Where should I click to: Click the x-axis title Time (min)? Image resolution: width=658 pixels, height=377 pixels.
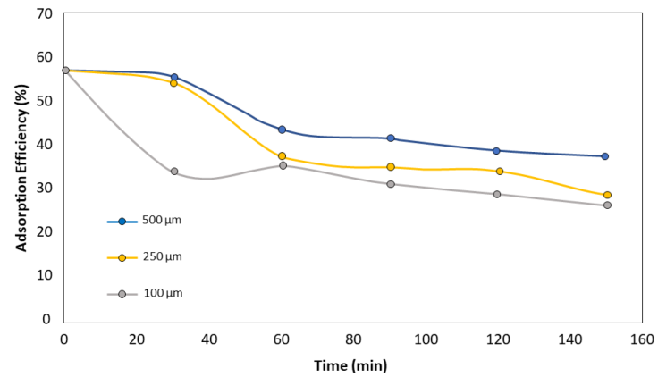[350, 365]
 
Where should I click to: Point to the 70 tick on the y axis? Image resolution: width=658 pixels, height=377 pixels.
[44, 14]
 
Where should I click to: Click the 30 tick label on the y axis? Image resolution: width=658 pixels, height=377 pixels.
[44, 188]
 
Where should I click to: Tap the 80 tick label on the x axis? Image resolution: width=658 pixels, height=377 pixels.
[354, 340]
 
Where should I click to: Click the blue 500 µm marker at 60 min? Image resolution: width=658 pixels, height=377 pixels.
[282, 130]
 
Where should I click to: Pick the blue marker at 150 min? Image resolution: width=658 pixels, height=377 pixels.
[605, 156]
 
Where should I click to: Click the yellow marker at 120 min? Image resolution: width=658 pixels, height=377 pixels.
[499, 172]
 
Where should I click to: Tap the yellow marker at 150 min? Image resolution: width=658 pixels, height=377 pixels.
[607, 195]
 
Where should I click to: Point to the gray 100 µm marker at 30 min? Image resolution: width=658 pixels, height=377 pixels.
[174, 172]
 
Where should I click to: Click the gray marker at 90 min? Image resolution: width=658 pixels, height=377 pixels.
[391, 184]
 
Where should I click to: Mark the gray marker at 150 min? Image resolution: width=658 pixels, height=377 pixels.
[607, 205]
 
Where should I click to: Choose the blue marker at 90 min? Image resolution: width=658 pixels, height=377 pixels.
[391, 138]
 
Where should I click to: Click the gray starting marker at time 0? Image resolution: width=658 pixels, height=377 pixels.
[65, 71]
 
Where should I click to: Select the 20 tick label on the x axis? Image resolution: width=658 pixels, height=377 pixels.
[137, 340]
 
